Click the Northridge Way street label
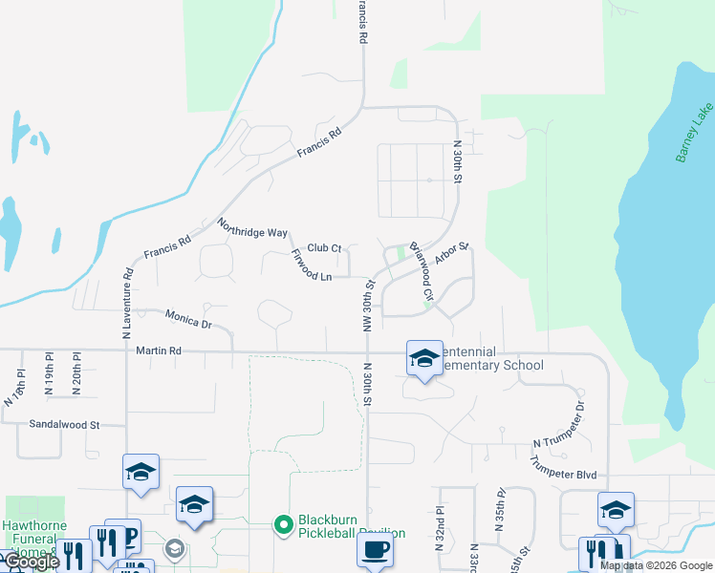(x=252, y=227)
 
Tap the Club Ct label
(x=324, y=248)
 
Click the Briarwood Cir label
(x=422, y=271)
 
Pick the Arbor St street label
(x=451, y=254)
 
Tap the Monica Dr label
(x=187, y=318)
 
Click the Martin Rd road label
(x=159, y=351)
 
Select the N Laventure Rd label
(x=126, y=304)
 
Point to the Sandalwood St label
(x=64, y=423)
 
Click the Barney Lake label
(x=695, y=139)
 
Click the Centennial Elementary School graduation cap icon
(x=424, y=358)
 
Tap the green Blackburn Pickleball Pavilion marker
(x=283, y=524)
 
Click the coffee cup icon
(x=374, y=550)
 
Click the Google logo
(x=31, y=562)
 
